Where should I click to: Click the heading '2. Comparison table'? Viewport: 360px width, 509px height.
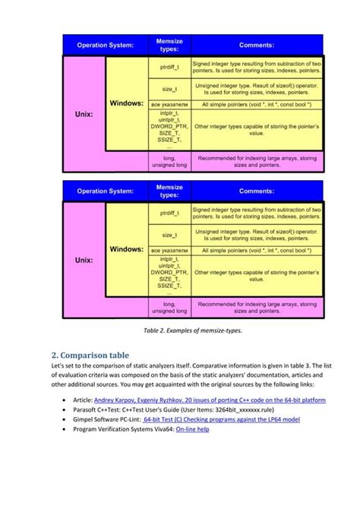90,355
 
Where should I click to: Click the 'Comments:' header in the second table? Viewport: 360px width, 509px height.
257,191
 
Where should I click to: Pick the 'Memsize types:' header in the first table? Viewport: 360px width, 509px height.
169,44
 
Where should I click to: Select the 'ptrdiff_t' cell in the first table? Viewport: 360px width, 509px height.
169,67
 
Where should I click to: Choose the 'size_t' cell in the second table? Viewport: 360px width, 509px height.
169,236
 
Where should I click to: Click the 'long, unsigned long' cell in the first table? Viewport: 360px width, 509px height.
169,161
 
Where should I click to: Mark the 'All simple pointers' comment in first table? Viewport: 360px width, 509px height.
257,103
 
